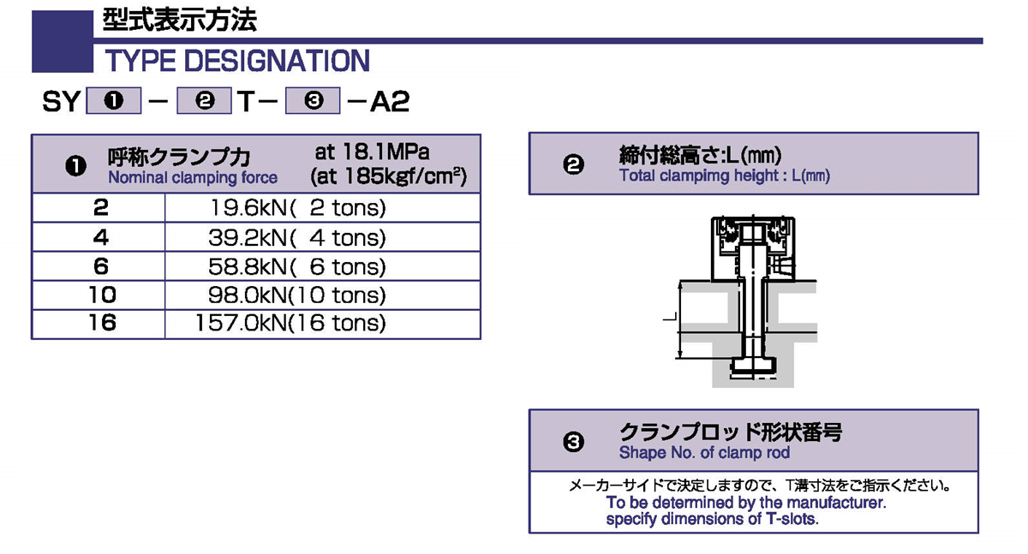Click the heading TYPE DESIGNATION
tap(236, 62)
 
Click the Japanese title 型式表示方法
tap(179, 21)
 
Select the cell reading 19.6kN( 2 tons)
tap(297, 208)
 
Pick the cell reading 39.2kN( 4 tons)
tap(297, 237)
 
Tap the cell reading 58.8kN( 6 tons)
tap(297, 266)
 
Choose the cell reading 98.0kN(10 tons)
tap(297, 295)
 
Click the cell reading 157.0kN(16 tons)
tap(291, 323)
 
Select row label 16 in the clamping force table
tap(101, 323)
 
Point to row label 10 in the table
tap(101, 295)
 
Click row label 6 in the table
tap(101, 266)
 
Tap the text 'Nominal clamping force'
tap(193, 178)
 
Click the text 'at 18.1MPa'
tap(372, 152)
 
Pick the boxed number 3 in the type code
tap(314, 102)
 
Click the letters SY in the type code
tap(61, 102)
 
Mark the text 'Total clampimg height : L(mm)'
tap(725, 176)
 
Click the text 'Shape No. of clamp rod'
tap(704, 452)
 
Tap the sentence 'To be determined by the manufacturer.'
tap(745, 503)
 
